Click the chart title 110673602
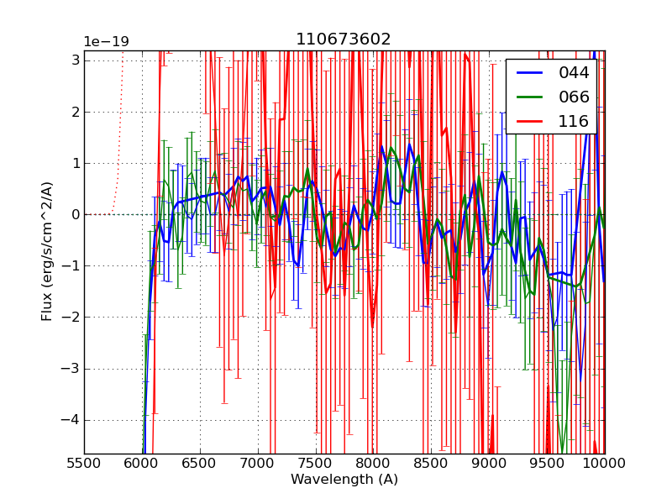click(x=344, y=39)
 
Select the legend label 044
click(x=574, y=73)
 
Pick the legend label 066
click(x=574, y=97)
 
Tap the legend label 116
click(x=574, y=121)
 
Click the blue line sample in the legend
click(x=530, y=73)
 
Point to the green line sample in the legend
click(x=530, y=97)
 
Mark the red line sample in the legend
click(x=530, y=122)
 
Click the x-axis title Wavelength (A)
click(x=344, y=480)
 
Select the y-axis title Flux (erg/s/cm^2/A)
click(x=48, y=251)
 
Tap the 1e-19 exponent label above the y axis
click(x=107, y=42)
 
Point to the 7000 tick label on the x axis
click(x=258, y=463)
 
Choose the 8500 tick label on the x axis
click(x=431, y=463)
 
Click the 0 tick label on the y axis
click(x=76, y=214)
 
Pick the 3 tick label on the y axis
click(x=76, y=60)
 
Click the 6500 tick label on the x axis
click(x=200, y=463)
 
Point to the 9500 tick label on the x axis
click(x=547, y=463)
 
